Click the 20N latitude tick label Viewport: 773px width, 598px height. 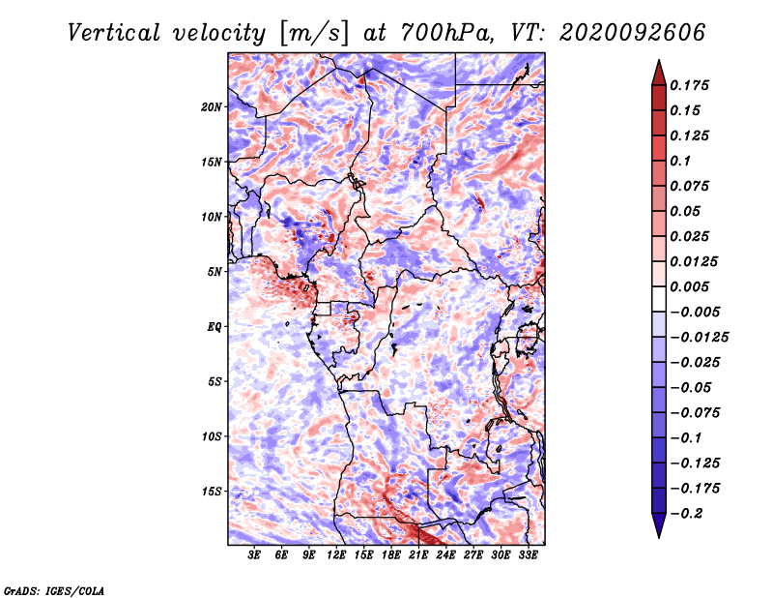coord(212,107)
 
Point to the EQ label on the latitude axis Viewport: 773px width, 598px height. coord(215,327)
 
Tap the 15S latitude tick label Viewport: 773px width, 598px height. coord(212,492)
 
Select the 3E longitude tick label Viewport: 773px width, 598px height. coord(254,555)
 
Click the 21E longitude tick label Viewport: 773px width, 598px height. coord(418,555)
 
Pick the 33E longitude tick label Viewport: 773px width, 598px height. coord(528,555)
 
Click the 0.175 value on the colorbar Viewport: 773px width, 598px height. coord(689,85)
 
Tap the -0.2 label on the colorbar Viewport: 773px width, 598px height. coord(686,514)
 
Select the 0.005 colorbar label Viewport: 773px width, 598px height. coord(689,286)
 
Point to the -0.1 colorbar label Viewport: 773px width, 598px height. coord(686,438)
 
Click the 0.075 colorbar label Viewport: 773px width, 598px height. coord(689,186)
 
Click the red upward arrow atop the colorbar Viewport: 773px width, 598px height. coord(659,73)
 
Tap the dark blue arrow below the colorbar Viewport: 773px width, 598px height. coord(659,524)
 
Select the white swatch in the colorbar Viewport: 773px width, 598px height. coord(659,299)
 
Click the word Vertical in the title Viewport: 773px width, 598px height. coord(114,33)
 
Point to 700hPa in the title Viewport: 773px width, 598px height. coord(444,33)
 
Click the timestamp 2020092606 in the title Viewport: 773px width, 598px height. coord(633,33)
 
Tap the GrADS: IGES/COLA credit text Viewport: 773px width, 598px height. coord(54,590)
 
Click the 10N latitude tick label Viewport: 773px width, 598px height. coord(212,218)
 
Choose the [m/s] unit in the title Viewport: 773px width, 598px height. coord(313,34)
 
